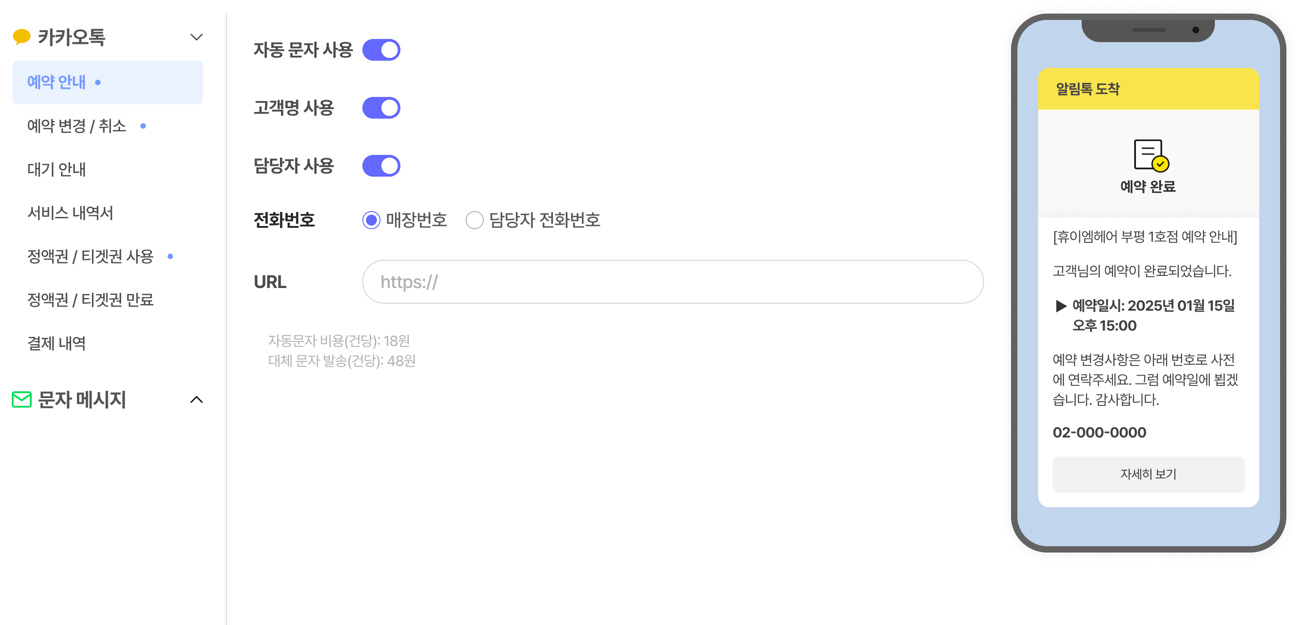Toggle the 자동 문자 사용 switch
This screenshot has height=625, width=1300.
(381, 50)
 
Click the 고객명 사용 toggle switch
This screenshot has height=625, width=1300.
(381, 108)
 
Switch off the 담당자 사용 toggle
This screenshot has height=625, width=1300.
(381, 166)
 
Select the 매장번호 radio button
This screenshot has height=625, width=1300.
(371, 220)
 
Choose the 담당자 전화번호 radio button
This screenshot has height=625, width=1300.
(474, 220)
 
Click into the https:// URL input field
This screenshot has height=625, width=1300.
(673, 282)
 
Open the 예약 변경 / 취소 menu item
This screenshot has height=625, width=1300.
(77, 126)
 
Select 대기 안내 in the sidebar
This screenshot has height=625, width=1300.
(57, 169)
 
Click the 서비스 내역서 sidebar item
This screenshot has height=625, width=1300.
(70, 213)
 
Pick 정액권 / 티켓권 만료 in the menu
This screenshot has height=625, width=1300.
(90, 300)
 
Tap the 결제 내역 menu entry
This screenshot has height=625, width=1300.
(57, 343)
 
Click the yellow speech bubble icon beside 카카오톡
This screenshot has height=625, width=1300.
(22, 37)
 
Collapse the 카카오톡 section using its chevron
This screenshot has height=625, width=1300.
(196, 37)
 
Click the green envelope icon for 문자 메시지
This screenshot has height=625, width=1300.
(22, 399)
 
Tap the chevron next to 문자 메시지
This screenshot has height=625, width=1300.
(196, 399)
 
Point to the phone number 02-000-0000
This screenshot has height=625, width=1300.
(1099, 433)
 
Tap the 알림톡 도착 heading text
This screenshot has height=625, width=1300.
(1088, 89)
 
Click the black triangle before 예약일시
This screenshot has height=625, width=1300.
(1061, 306)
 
